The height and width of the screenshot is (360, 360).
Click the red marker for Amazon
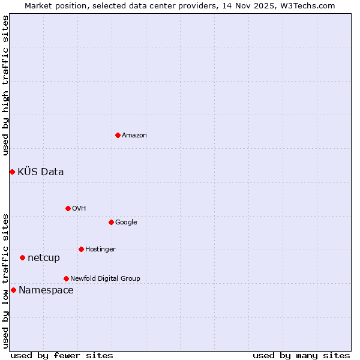(118, 135)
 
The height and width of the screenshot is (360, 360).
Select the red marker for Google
(111, 222)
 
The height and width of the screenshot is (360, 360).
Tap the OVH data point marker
(68, 208)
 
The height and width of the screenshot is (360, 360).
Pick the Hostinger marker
(81, 249)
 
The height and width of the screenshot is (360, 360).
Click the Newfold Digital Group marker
(66, 278)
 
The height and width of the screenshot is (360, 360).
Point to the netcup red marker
(22, 257)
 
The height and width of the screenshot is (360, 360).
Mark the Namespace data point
(13, 290)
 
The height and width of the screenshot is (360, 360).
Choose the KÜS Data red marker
(12, 172)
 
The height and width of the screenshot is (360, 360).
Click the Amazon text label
(134, 136)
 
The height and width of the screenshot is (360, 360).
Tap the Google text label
(126, 223)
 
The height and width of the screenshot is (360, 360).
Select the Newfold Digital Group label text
(105, 278)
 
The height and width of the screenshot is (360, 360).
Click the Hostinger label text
(100, 250)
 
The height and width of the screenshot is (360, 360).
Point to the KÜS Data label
(41, 172)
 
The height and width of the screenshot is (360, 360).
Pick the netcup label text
(44, 258)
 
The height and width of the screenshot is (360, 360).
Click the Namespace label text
(46, 290)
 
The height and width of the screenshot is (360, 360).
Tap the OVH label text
(79, 209)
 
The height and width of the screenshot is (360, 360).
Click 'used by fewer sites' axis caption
(62, 355)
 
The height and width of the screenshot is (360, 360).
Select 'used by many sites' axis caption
(301, 355)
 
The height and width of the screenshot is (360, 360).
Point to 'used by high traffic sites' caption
(6, 86)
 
